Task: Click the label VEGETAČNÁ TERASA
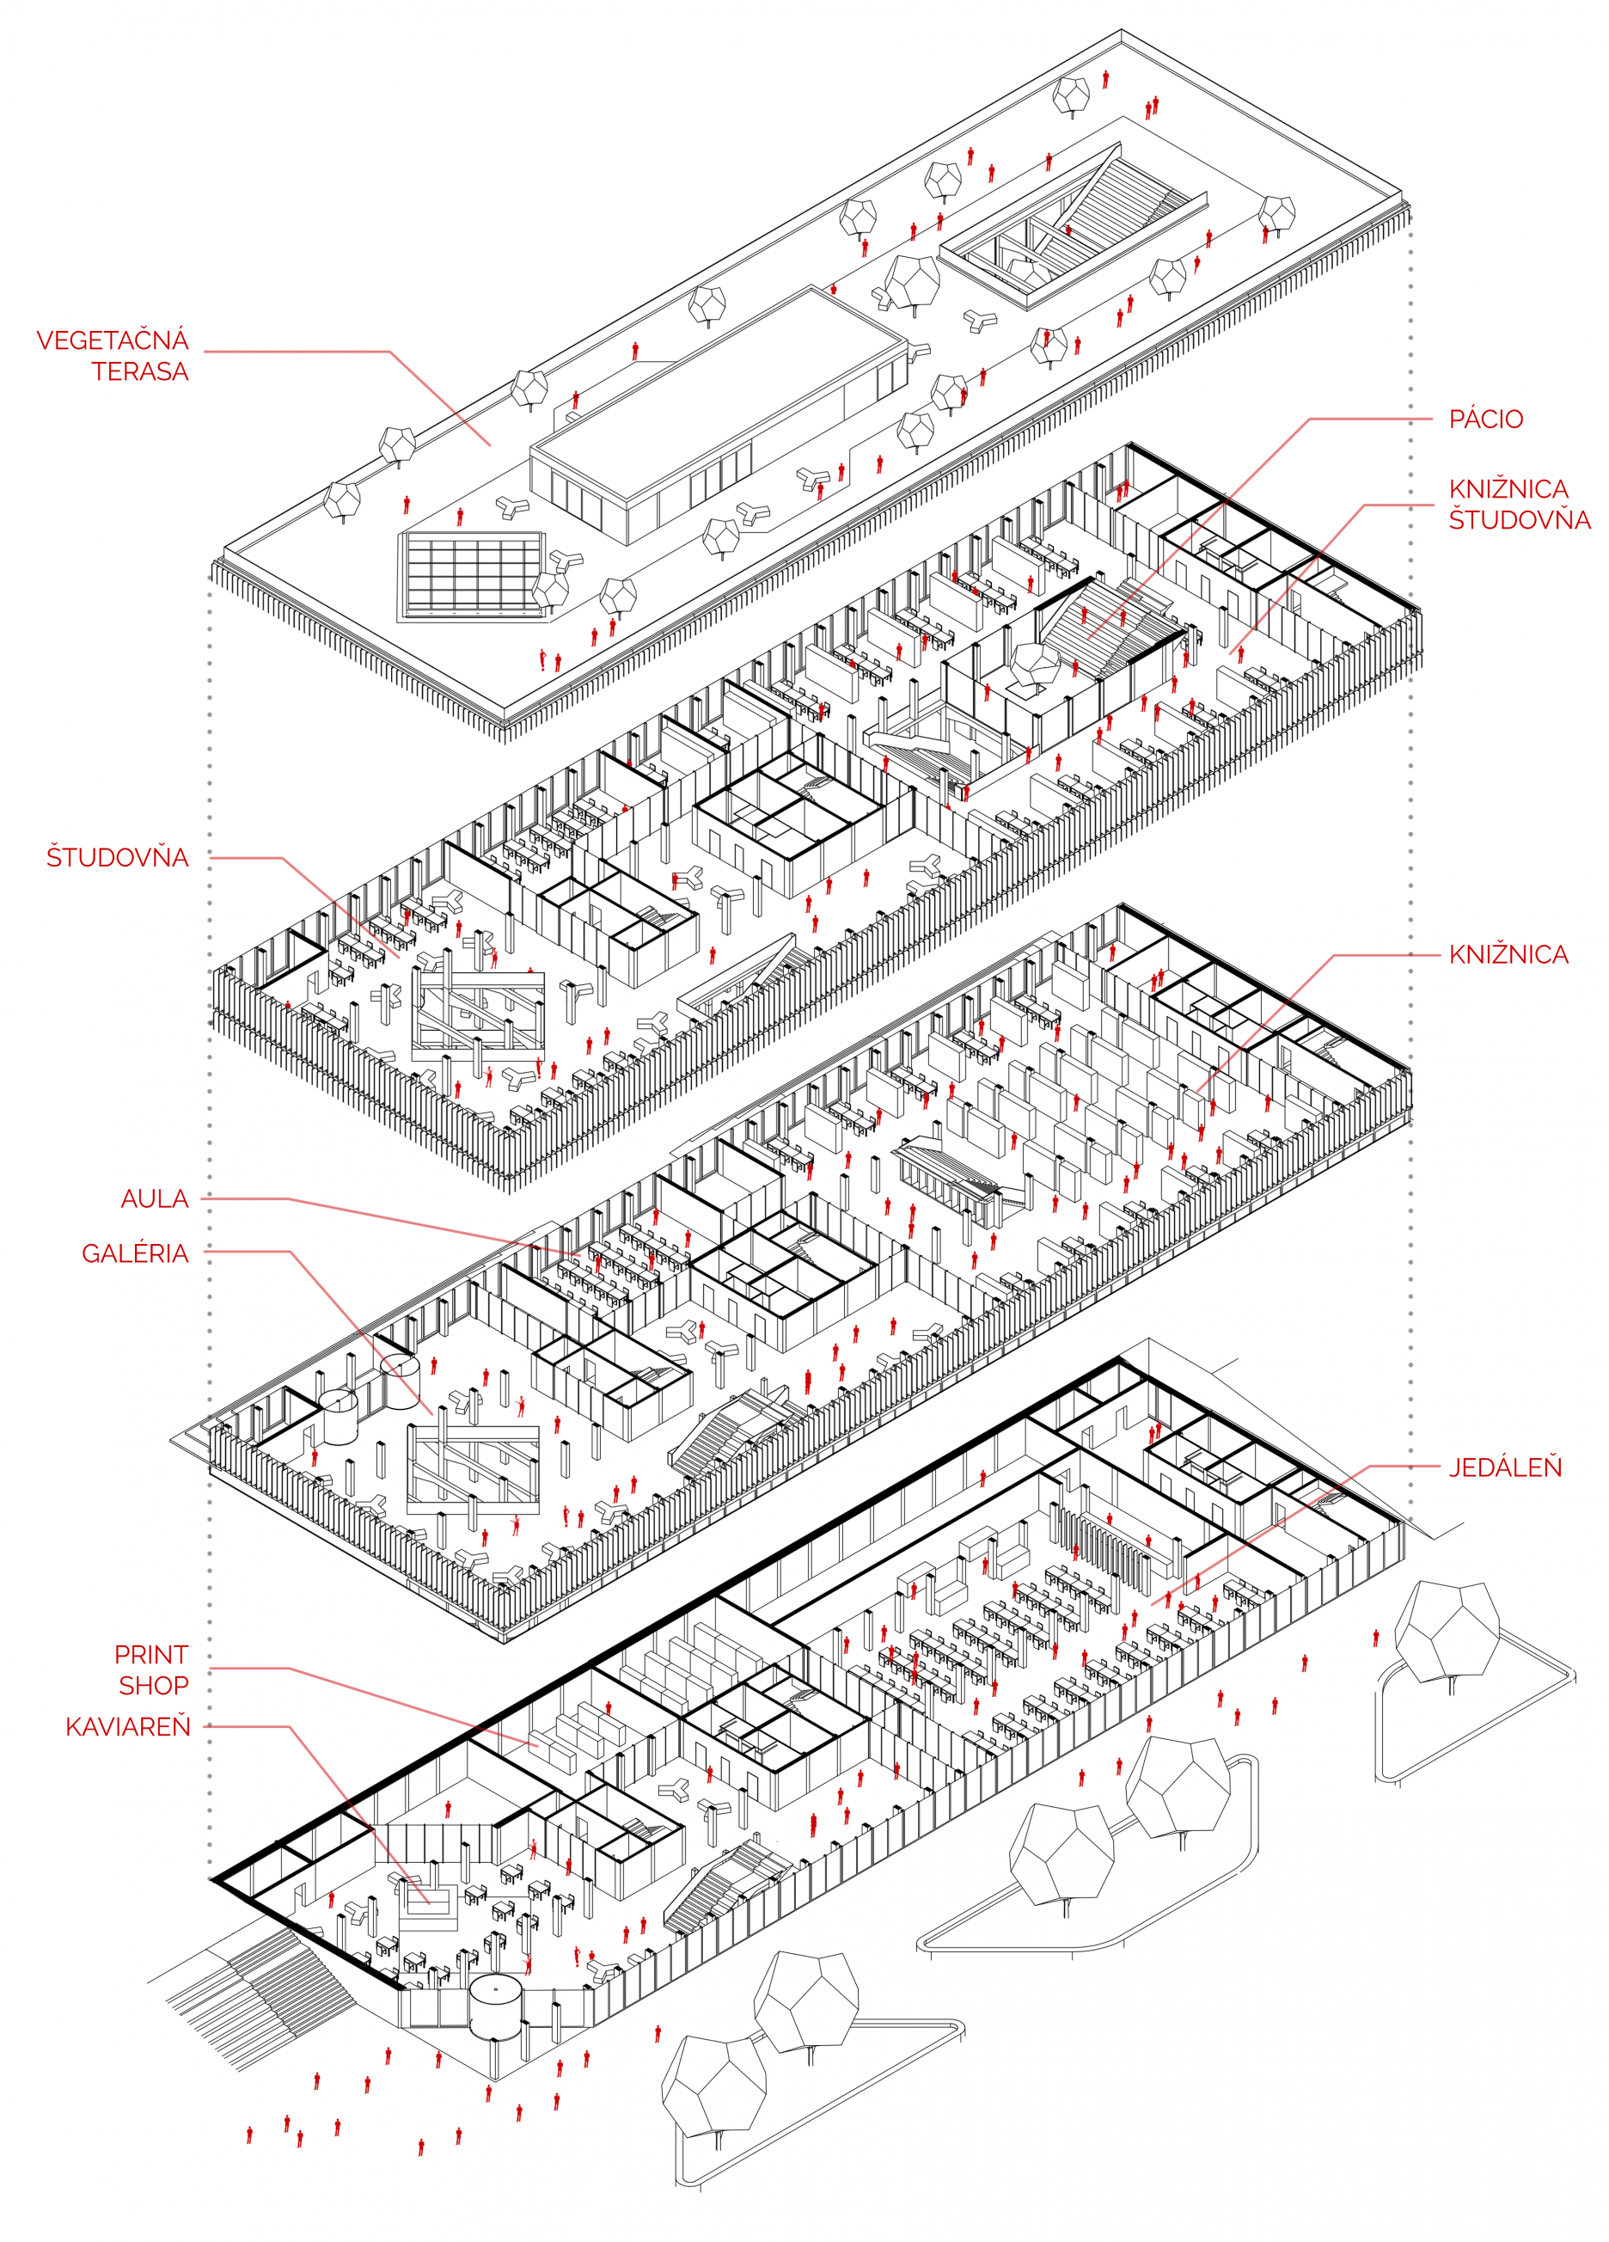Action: coord(113,355)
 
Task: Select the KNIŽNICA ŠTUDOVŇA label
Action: coord(1518,504)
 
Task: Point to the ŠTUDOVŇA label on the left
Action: coord(118,857)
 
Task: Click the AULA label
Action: coord(154,1199)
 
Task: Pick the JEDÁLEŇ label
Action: coord(1504,1467)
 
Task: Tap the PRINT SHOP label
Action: coord(151,1669)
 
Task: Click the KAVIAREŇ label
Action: coord(127,1727)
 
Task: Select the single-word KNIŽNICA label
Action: coord(1508,955)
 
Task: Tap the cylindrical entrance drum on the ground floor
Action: coord(494,2005)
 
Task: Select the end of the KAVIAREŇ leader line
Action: coord(429,1902)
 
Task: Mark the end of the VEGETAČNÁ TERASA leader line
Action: coord(490,444)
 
